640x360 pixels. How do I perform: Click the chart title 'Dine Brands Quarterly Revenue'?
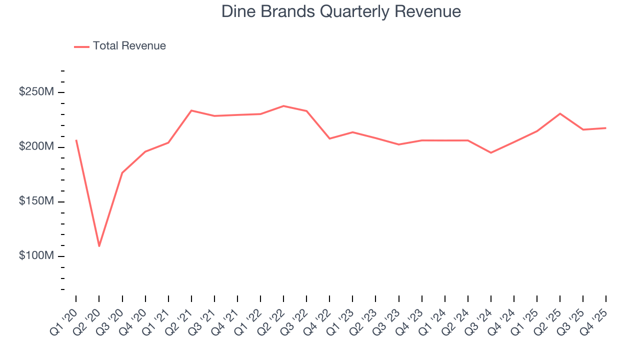coord(341,11)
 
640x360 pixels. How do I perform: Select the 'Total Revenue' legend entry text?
coord(129,46)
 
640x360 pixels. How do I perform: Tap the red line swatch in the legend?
coord(81,46)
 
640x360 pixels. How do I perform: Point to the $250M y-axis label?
coord(36,92)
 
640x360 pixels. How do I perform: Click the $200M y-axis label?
coord(36,147)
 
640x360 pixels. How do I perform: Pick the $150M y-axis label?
coord(36,201)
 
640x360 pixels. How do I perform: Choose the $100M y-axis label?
coord(36,256)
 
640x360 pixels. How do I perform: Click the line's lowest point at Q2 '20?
coord(99,246)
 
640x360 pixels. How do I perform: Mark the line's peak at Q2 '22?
coord(283,106)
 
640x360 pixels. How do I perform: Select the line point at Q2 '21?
coord(191,110)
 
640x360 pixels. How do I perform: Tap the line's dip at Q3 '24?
coord(491,152)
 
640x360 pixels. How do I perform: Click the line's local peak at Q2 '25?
coord(560,113)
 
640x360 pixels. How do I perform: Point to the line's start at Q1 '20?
coord(76,140)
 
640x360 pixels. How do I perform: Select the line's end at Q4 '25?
coord(606,128)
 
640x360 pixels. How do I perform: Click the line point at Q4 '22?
coord(329,138)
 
